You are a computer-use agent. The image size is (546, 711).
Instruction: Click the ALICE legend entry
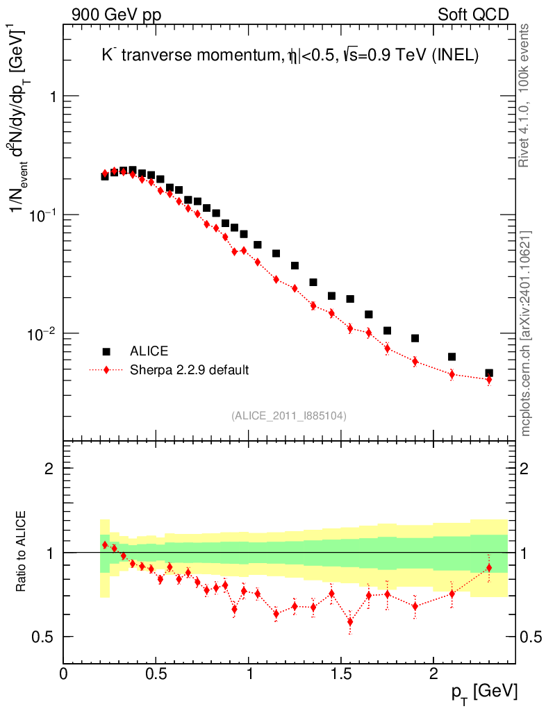pos(149,351)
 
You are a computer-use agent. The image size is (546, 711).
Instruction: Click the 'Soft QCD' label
pos(473,15)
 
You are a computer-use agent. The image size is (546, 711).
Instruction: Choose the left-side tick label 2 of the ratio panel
pos(49,469)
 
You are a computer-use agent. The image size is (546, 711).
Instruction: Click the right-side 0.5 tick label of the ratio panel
pos(532,637)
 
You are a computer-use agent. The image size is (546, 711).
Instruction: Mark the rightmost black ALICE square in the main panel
pos(489,374)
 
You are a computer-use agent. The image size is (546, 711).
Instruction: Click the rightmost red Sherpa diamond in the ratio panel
pos(489,568)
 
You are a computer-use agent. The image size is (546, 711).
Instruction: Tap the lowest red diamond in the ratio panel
pos(350,621)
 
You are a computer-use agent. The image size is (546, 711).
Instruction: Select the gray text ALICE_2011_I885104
pos(289,415)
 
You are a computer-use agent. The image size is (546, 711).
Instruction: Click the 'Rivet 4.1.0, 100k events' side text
pos(525,94)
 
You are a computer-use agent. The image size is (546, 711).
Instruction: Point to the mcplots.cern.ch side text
pos(525,333)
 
